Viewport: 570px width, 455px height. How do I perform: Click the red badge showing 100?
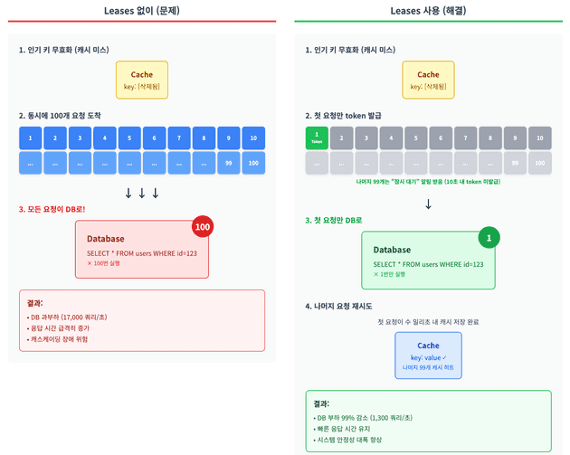pyautogui.click(x=203, y=226)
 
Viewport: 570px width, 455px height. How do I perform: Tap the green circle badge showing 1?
pyautogui.click(x=489, y=239)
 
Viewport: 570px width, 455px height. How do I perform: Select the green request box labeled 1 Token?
pyautogui.click(x=318, y=138)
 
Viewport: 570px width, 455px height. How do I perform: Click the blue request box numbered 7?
pyautogui.click(x=178, y=138)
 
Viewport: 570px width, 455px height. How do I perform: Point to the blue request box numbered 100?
pyautogui.click(x=252, y=164)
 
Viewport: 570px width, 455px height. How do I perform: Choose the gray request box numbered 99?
pyautogui.click(x=514, y=164)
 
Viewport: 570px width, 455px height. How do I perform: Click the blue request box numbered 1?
pyautogui.click(x=31, y=138)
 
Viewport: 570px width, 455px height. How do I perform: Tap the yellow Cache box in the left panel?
pyautogui.click(x=142, y=80)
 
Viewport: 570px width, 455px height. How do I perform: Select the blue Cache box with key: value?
pyautogui.click(x=428, y=355)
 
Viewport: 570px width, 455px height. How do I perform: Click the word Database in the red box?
pyautogui.click(x=105, y=239)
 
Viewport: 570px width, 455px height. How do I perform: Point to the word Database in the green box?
pyautogui.click(x=392, y=250)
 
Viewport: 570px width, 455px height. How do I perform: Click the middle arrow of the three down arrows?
pyautogui.click(x=142, y=193)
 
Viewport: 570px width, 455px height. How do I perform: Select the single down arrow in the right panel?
pyautogui.click(x=428, y=204)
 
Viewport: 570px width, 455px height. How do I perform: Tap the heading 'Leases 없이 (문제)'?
pyautogui.click(x=142, y=10)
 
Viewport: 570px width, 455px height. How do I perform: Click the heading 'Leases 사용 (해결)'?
pyautogui.click(x=428, y=10)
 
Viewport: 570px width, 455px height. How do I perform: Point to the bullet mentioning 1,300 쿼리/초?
pyautogui.click(x=364, y=417)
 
